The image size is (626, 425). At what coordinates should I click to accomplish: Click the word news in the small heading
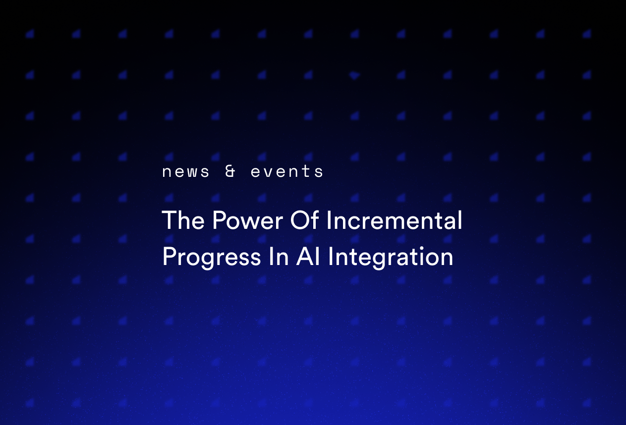(x=186, y=172)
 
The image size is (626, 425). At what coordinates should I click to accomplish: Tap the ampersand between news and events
(x=230, y=171)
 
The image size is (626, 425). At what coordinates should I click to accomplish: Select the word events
(x=287, y=172)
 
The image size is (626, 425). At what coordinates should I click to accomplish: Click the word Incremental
(x=394, y=220)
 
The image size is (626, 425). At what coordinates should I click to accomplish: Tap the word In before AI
(x=279, y=257)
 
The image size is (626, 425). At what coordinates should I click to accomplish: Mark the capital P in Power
(x=217, y=220)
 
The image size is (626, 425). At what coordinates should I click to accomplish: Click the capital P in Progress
(x=168, y=257)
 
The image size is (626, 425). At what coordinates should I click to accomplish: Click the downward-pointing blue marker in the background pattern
(x=354, y=76)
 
